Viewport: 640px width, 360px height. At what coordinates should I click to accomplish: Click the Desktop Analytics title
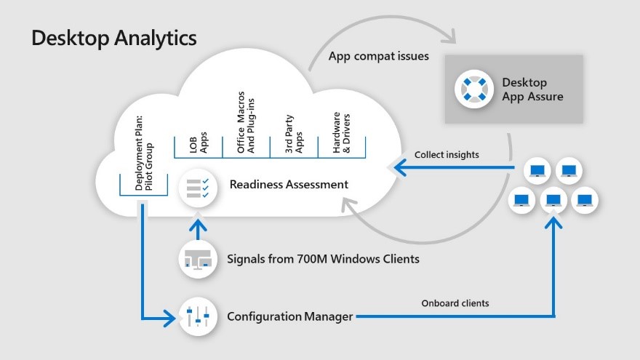(x=113, y=39)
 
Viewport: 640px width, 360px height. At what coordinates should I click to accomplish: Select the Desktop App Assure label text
(x=532, y=89)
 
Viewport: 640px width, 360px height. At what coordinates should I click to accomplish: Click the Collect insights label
(x=447, y=155)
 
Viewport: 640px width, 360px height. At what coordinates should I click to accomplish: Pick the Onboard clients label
(x=455, y=303)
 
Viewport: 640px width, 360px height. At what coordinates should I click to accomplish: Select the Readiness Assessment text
(x=289, y=185)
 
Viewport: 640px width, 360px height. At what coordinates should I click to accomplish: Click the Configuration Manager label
(x=290, y=316)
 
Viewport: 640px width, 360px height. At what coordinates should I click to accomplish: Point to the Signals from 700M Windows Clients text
(x=323, y=258)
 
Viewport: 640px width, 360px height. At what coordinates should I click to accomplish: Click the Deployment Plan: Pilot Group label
(x=145, y=153)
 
